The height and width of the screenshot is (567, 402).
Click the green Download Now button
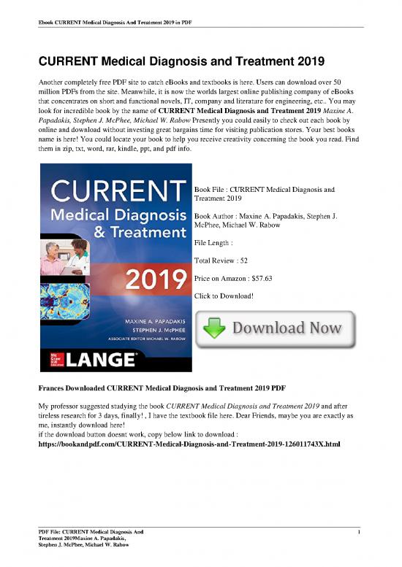274,331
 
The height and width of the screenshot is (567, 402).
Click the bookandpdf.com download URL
189,444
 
